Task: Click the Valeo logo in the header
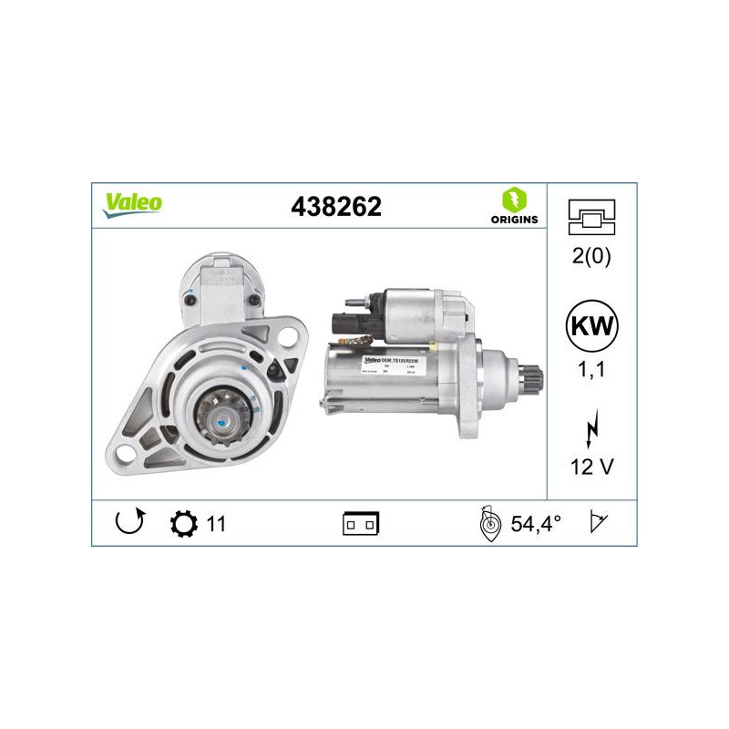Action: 132,204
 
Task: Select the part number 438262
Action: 335,207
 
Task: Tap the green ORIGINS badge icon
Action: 513,200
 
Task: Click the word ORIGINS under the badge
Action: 513,220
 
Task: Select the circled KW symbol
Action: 591,325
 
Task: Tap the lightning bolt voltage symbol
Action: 591,428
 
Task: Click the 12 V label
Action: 591,467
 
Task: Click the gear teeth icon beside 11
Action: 182,524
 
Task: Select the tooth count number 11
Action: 217,524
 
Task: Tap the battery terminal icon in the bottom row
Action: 361,524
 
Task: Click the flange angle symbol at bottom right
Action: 599,523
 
